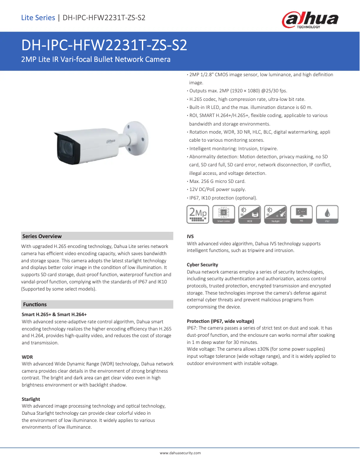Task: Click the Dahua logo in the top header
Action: click(x=310, y=20)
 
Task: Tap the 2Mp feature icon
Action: click(x=198, y=214)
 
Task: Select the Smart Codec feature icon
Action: click(x=224, y=214)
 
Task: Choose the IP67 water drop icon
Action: click(x=327, y=214)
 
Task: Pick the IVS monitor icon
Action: click(x=302, y=214)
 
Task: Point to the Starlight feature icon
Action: click(x=276, y=214)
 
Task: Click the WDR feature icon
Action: click(x=250, y=214)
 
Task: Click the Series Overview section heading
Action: click(x=42, y=236)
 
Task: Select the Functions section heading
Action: click(x=35, y=304)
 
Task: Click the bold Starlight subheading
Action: click(x=31, y=399)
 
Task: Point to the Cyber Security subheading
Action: click(x=202, y=265)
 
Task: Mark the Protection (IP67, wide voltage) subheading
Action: click(x=220, y=321)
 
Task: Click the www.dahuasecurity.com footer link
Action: click(x=180, y=453)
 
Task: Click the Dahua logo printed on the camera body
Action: click(x=110, y=141)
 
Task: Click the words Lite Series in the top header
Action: click(x=38, y=18)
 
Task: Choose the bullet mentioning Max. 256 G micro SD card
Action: click(x=217, y=181)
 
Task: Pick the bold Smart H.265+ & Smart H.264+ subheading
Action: click(x=54, y=315)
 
